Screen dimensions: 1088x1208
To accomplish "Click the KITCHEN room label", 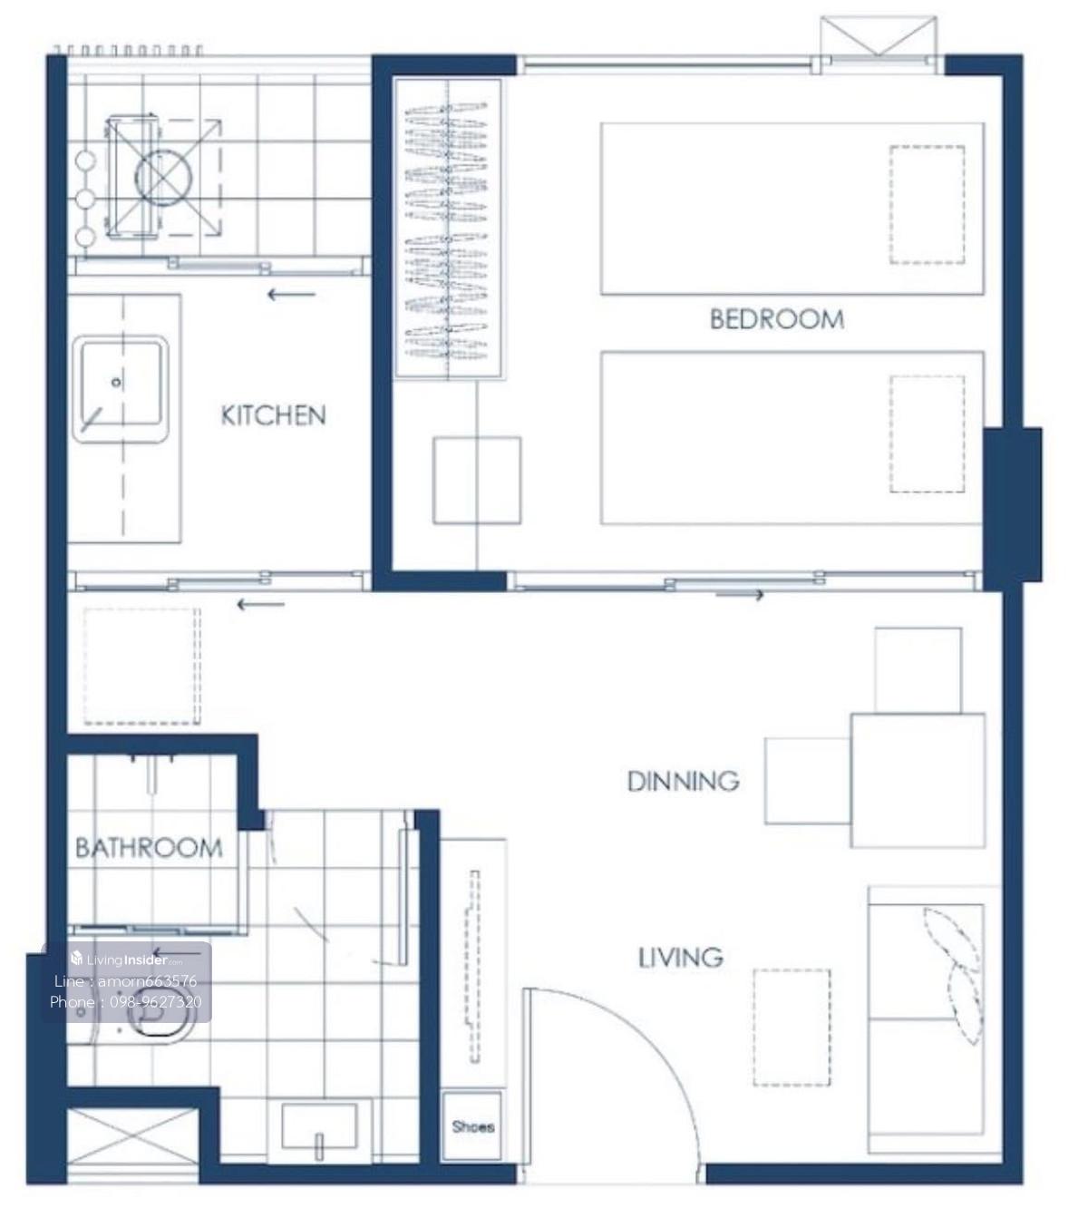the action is pos(273,415).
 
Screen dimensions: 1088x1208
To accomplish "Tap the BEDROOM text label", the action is pos(777,319).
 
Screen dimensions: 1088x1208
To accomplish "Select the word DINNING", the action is pos(684,781).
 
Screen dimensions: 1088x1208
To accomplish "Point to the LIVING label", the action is pos(680,958).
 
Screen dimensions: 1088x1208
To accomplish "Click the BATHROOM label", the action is pos(149,848).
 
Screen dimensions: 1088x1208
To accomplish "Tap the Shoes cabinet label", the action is pos(473,1126).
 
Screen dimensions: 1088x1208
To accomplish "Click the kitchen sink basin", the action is pos(121,388).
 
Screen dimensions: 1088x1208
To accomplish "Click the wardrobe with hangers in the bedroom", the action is pos(448,229).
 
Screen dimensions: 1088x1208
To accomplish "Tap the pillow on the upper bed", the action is pos(928,205).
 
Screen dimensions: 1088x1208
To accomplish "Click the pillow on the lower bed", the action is pos(928,434).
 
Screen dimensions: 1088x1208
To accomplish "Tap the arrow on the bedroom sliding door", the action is pos(740,595).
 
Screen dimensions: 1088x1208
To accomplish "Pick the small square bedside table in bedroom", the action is pos(477,480).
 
